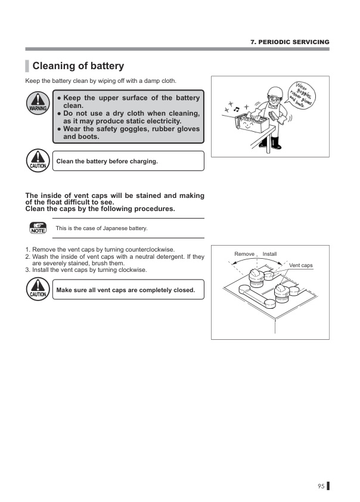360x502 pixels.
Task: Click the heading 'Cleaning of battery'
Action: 77,66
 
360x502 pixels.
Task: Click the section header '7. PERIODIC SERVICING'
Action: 289,42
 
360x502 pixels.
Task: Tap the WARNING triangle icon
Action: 38,103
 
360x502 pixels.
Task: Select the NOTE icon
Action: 38,228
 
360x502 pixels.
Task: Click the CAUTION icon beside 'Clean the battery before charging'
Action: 38,160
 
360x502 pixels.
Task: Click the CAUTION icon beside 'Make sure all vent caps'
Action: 38,289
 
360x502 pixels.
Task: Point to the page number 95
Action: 321,486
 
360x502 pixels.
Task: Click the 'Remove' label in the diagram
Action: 244,254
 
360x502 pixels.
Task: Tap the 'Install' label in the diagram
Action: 270,254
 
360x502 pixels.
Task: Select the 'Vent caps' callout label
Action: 301,265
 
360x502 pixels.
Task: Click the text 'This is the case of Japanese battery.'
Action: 101,228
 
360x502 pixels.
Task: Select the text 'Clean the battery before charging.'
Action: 107,161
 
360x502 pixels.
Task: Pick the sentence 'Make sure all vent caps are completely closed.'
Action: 125,290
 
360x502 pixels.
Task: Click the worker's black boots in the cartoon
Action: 275,143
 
